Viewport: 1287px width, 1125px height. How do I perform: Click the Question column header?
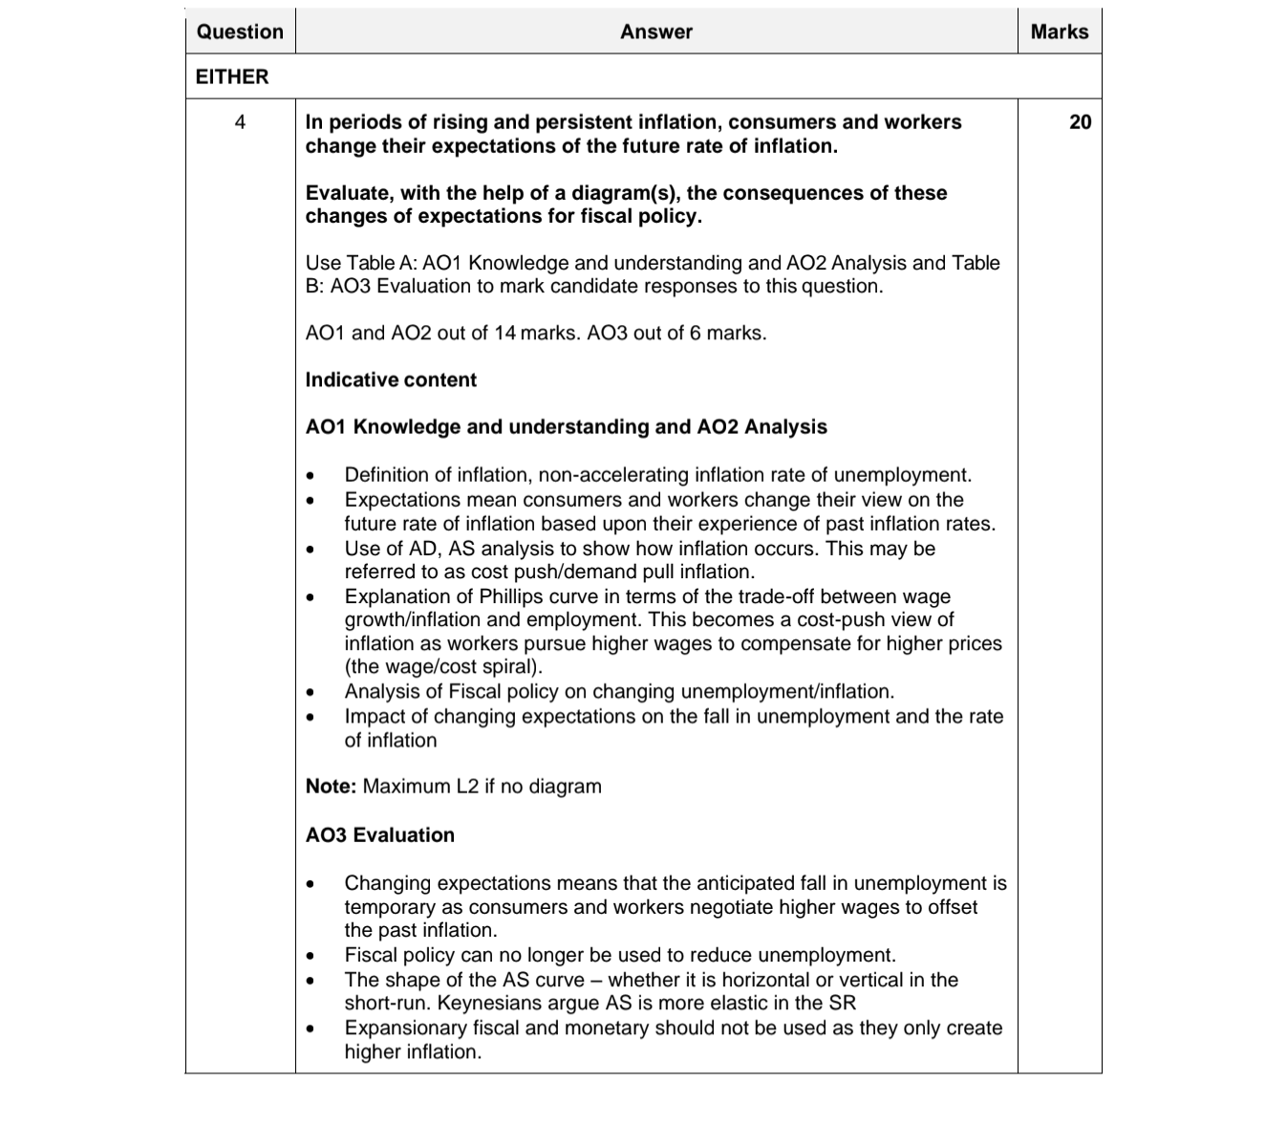pyautogui.click(x=240, y=32)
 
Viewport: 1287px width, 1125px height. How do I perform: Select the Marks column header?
pyautogui.click(x=1060, y=32)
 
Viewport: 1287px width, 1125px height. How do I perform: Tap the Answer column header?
pyautogui.click(x=656, y=32)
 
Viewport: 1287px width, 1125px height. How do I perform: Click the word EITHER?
pyautogui.click(x=232, y=76)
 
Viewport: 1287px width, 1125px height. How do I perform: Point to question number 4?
pyautogui.click(x=240, y=122)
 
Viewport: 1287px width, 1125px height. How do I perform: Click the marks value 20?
pyautogui.click(x=1080, y=122)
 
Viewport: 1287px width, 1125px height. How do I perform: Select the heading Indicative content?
pyautogui.click(x=391, y=379)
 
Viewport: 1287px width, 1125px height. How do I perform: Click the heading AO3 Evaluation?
pyautogui.click(x=380, y=834)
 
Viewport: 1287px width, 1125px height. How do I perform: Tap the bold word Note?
pyautogui.click(x=331, y=787)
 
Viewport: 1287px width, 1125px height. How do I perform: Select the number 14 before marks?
pyautogui.click(x=505, y=333)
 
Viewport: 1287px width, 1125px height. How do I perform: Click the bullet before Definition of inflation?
pyautogui.click(x=310, y=476)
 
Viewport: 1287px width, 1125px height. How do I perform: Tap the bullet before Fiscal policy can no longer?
pyautogui.click(x=310, y=956)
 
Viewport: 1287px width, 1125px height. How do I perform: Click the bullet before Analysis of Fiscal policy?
pyautogui.click(x=310, y=692)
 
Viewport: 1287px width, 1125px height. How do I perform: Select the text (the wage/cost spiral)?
pyautogui.click(x=443, y=667)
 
